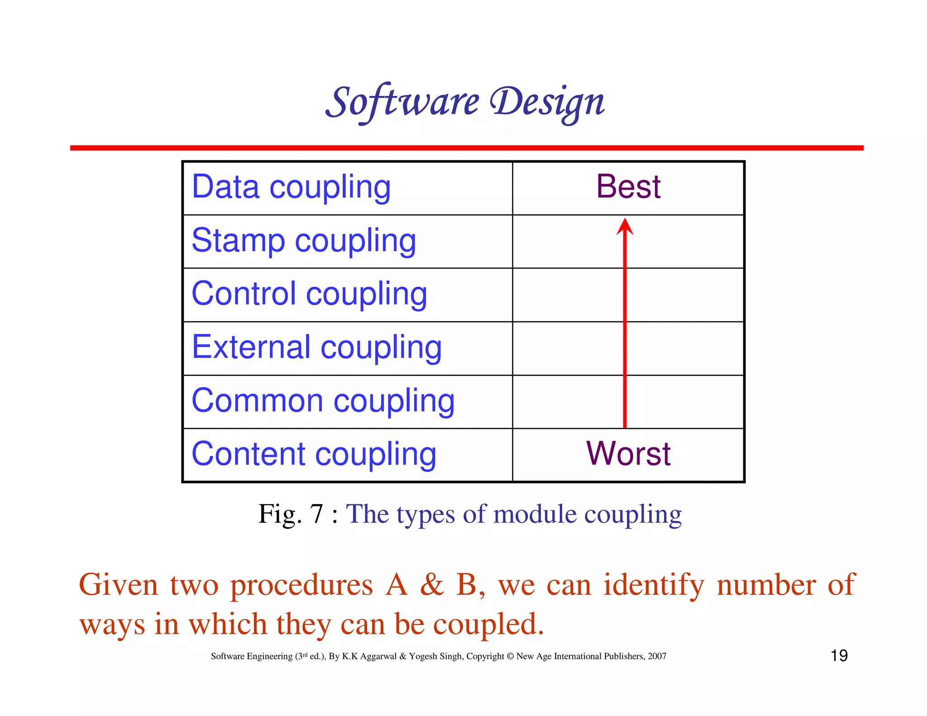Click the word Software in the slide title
pos(402,101)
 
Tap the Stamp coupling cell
pos(304,240)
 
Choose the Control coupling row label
pos(309,294)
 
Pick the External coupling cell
pos(316,347)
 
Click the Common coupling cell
pos(323,401)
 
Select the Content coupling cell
pos(314,454)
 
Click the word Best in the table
pos(628,186)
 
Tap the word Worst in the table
pos(628,453)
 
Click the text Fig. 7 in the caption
pos(290,514)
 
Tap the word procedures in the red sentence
pos(301,585)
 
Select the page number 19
pos(839,655)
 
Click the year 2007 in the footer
pos(657,656)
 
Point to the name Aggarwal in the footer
pos(378,656)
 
